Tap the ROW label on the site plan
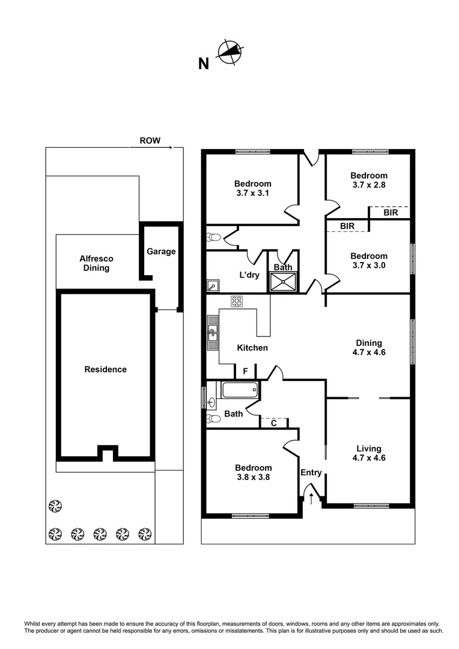[150, 141]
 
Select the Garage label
[161, 251]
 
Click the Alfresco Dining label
[96, 263]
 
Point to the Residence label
[105, 370]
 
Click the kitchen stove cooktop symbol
[236, 300]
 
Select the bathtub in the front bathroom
[240, 390]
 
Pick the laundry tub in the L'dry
[213, 285]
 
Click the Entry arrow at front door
[311, 496]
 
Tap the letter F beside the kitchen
[245, 371]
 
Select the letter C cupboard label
[273, 423]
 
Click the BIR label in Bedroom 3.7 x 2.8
[390, 212]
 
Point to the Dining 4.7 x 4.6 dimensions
[368, 353]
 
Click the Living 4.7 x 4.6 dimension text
[368, 458]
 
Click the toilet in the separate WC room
[213, 237]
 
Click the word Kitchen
[252, 348]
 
